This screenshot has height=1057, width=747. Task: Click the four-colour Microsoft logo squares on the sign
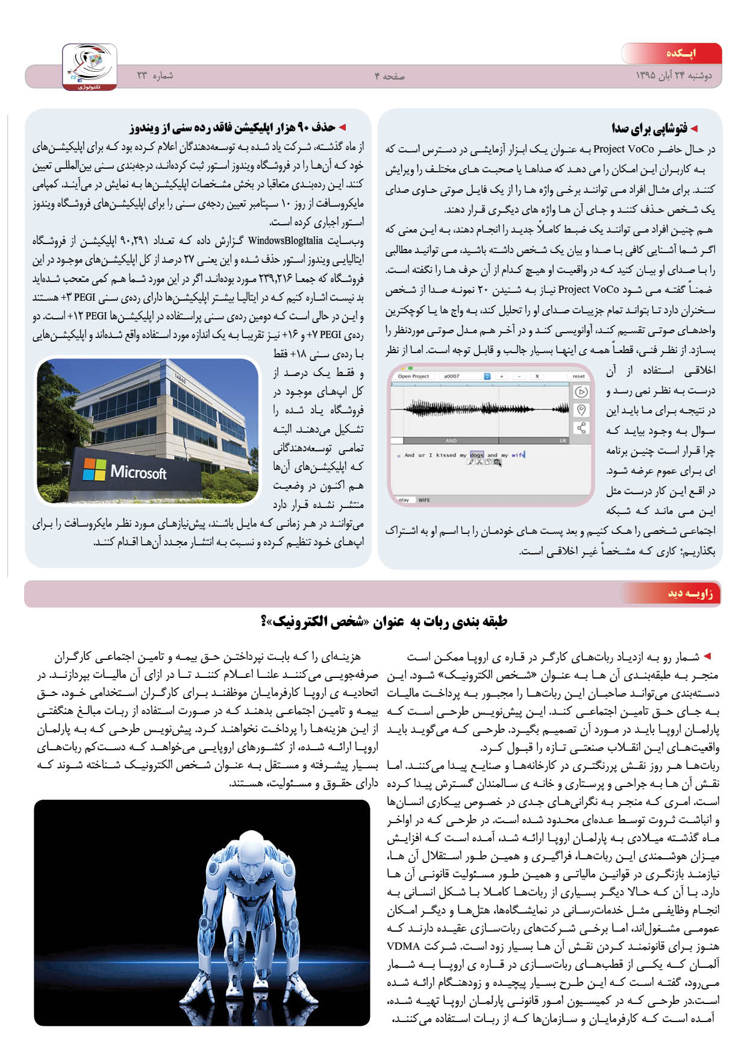94,469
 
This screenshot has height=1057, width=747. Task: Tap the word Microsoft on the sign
139,472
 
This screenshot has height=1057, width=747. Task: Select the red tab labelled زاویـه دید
682,594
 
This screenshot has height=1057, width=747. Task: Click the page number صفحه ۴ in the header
389,76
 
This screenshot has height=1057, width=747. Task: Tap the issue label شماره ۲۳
155,76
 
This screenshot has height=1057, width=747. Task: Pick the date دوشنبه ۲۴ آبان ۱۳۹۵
674,76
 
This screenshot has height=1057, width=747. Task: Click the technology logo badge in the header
90,67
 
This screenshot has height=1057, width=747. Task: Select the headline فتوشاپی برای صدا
649,128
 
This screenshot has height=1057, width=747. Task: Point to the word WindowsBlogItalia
286,241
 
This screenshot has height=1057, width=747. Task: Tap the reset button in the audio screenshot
578,376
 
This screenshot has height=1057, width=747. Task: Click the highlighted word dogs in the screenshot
477,455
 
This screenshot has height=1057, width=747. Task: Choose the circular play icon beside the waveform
581,392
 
